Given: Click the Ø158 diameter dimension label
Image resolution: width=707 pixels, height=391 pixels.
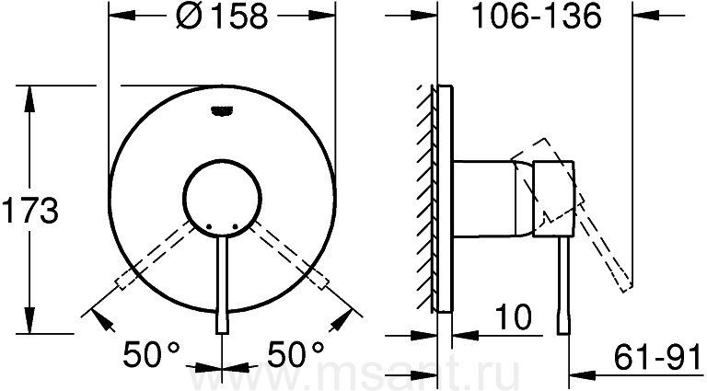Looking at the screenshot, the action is pyautogui.click(x=223, y=17).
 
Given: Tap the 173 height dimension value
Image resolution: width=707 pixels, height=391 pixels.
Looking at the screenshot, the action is pyautogui.click(x=30, y=211).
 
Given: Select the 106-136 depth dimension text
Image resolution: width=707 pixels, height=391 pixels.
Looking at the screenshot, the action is pyautogui.click(x=536, y=17).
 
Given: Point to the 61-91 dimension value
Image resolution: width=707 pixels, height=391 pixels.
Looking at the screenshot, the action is pyautogui.click(x=657, y=355).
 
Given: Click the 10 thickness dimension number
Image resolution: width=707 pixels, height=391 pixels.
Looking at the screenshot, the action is pyautogui.click(x=514, y=317).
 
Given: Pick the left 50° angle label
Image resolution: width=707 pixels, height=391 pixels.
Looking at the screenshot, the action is pyautogui.click(x=152, y=354).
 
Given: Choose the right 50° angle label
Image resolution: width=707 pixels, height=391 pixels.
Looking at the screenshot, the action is pyautogui.click(x=296, y=354).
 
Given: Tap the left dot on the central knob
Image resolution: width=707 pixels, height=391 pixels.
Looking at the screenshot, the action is pyautogui.click(x=208, y=226).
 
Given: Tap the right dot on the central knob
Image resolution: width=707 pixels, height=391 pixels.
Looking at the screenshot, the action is pyautogui.click(x=236, y=226).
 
